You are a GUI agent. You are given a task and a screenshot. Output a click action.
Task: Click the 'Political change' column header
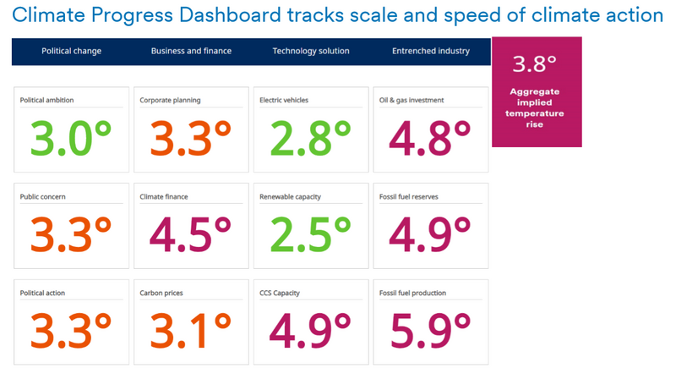point(71,51)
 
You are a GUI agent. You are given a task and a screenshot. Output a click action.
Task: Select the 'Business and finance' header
point(191,51)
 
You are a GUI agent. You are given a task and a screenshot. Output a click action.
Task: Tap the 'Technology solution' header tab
point(310,51)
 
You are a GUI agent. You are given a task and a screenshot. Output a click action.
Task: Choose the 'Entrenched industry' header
point(430,51)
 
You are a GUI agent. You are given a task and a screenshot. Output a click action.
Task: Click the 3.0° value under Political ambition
point(71,138)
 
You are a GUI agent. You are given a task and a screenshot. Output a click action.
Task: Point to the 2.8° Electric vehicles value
point(310,138)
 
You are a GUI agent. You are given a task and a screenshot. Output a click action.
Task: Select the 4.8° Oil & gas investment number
point(430,138)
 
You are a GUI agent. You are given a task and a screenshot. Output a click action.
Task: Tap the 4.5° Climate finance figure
point(191,234)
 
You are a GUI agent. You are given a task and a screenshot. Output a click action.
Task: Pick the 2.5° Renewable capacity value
point(310,234)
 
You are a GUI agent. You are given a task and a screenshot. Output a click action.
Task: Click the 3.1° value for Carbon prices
point(191,331)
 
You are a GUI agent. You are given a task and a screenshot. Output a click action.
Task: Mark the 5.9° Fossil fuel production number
point(430,331)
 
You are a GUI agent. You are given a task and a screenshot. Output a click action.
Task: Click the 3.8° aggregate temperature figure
point(535,64)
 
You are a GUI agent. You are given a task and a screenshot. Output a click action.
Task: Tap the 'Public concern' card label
point(43,197)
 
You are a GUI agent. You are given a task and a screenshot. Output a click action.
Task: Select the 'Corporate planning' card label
point(170,101)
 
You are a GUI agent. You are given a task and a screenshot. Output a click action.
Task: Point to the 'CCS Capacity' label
point(280,294)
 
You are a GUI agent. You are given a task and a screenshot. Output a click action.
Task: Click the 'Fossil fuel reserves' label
point(409,197)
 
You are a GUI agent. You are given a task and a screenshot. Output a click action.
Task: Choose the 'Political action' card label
point(42,294)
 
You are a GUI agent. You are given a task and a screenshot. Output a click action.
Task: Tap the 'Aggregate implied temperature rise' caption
point(537,107)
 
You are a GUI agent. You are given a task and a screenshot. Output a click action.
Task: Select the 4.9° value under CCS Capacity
point(310,331)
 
